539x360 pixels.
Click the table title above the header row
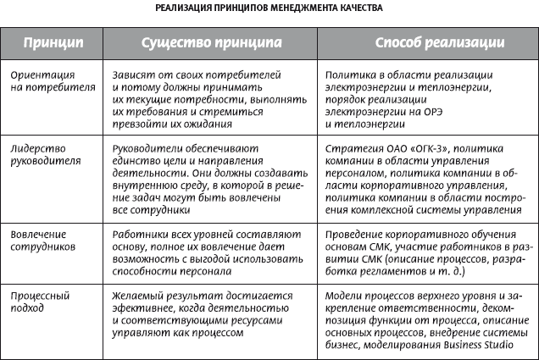tap(269, 9)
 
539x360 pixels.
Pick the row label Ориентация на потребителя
tap(54, 80)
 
